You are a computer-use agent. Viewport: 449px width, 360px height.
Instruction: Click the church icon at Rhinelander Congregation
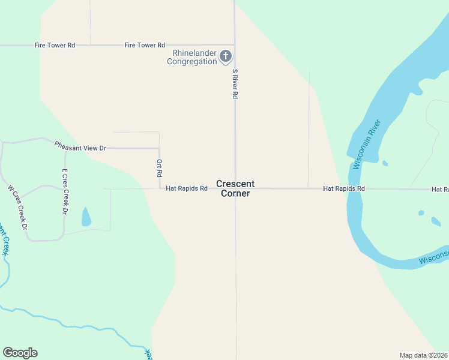[x=226, y=57]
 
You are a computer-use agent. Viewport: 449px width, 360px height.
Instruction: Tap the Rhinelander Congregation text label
[x=191, y=57]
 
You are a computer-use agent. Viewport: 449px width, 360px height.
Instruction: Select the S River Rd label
[x=235, y=84]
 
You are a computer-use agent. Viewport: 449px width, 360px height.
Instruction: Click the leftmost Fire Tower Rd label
[x=55, y=45]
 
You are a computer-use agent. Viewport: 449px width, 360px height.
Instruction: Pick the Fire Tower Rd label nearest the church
[x=145, y=45]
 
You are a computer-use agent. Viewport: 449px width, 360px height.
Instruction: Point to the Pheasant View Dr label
[x=80, y=146]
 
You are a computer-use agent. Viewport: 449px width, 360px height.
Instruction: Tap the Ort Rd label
[x=160, y=167]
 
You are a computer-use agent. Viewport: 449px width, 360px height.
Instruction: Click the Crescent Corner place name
[x=235, y=188]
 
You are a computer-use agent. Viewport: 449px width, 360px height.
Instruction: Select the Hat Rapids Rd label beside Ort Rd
[x=187, y=188]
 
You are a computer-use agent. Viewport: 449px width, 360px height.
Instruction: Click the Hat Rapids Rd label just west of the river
[x=344, y=188]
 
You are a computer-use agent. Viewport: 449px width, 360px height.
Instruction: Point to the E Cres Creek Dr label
[x=65, y=191]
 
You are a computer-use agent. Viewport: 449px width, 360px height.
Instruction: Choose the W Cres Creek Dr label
[x=18, y=207]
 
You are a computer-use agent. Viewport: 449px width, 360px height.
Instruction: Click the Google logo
[x=20, y=353]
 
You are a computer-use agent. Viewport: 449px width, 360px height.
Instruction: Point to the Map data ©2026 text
[x=423, y=355]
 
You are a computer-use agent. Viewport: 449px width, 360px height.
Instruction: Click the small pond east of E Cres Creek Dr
[x=86, y=217]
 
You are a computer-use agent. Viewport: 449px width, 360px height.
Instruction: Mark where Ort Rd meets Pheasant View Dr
[x=159, y=148]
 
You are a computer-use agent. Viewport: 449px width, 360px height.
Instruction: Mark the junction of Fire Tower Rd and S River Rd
[x=234, y=45]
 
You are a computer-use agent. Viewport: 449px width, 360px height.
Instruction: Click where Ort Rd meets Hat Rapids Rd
[x=159, y=188]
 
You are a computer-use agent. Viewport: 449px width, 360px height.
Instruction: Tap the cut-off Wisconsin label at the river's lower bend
[x=433, y=259]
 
